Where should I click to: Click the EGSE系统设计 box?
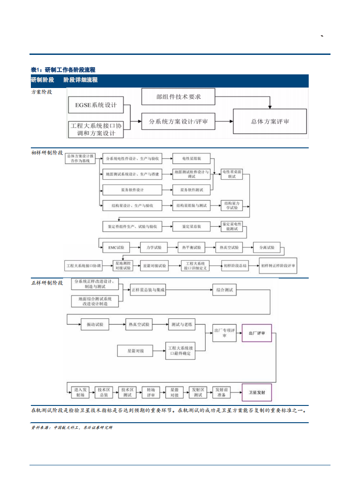pos(95,105)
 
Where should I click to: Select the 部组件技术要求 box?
pos(178,97)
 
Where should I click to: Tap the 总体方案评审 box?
pos(270,121)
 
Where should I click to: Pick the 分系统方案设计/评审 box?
pos(178,121)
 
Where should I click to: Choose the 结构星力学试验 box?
pos(232,205)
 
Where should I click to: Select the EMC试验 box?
pos(116,248)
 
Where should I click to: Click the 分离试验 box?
pos(266,248)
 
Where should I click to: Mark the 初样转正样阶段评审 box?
pos(278,265)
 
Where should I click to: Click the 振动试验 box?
pos(95,324)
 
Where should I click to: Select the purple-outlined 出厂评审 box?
pos(256,333)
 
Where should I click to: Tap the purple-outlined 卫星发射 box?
pos(256,392)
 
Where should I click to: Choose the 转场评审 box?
pos(151,392)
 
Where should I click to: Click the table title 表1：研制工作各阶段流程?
pos(63,69)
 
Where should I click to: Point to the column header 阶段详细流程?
pos(80,80)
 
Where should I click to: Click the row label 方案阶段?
pos(41,92)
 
